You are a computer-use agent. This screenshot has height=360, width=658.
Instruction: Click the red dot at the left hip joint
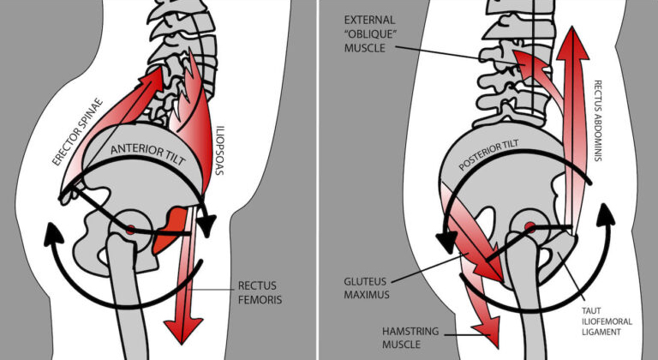(x=130, y=230)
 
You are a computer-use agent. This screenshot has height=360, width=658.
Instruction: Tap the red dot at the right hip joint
(x=529, y=227)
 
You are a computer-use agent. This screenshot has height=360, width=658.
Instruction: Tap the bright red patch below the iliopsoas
(x=175, y=225)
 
